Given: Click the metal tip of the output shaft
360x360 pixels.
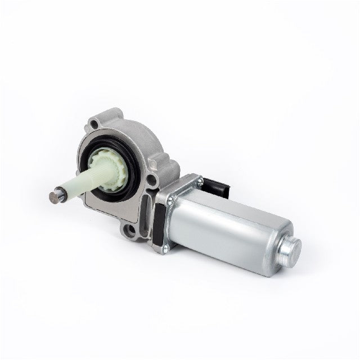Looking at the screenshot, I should tap(53, 197).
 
